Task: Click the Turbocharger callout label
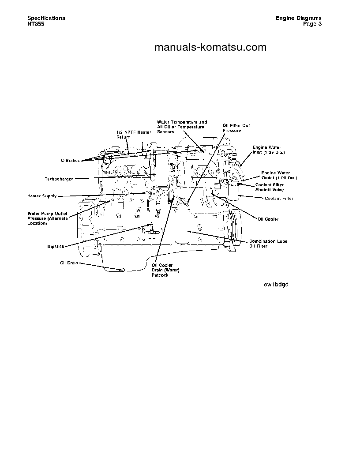coord(59,179)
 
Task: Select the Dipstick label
coord(56,246)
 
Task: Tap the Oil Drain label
coord(69,263)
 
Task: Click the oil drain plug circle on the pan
coord(124,269)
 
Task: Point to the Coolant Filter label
coord(279,199)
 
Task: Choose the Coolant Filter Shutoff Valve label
coord(270,187)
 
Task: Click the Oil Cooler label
coord(268,219)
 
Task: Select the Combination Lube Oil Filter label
coord(268,244)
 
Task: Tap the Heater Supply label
coord(42,196)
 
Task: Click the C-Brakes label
coord(70,161)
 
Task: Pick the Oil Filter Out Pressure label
coord(236,128)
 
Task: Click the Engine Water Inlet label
coord(269,150)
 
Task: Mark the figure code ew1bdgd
coord(276,284)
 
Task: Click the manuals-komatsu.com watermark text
coord(210,47)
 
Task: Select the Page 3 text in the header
coord(312,24)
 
